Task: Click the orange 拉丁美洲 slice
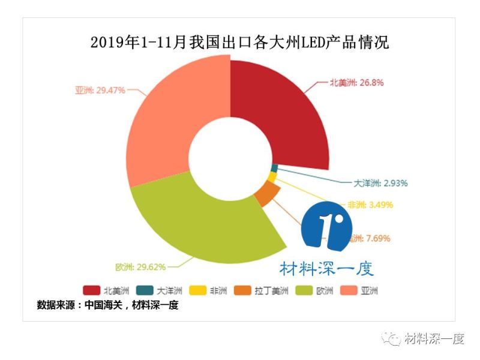pyautogui.click(x=268, y=194)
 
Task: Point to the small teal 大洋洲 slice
pyautogui.click(x=274, y=168)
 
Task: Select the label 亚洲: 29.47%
pyautogui.click(x=100, y=90)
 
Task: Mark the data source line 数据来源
pyautogui.click(x=108, y=305)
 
